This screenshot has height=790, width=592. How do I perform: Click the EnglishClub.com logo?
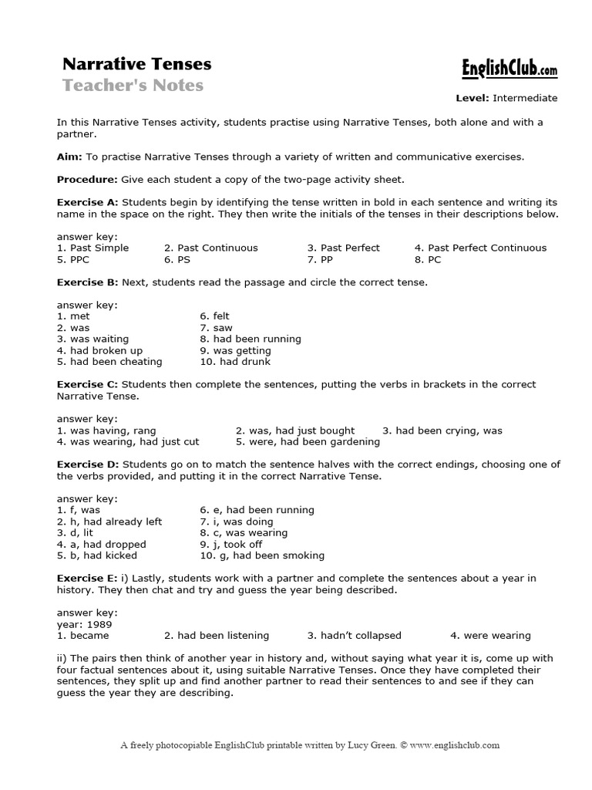(509, 70)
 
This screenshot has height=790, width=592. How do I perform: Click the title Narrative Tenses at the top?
(136, 63)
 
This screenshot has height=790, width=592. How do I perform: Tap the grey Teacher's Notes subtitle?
(133, 86)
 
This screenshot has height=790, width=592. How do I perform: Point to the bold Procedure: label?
(87, 180)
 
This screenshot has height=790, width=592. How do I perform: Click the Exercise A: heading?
(87, 203)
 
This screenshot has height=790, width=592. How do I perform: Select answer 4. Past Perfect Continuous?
(479, 248)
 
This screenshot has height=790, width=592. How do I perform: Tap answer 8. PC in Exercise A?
(428, 259)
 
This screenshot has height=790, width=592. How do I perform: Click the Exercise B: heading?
(87, 282)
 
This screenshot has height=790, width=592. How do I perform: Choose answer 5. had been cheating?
(109, 361)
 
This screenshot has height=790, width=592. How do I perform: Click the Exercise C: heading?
(87, 384)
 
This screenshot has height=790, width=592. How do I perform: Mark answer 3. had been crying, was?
(442, 430)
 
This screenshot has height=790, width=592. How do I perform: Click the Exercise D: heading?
(87, 464)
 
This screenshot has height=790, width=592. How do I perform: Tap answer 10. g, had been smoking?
(262, 555)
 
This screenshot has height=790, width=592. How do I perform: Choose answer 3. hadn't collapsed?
(354, 636)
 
